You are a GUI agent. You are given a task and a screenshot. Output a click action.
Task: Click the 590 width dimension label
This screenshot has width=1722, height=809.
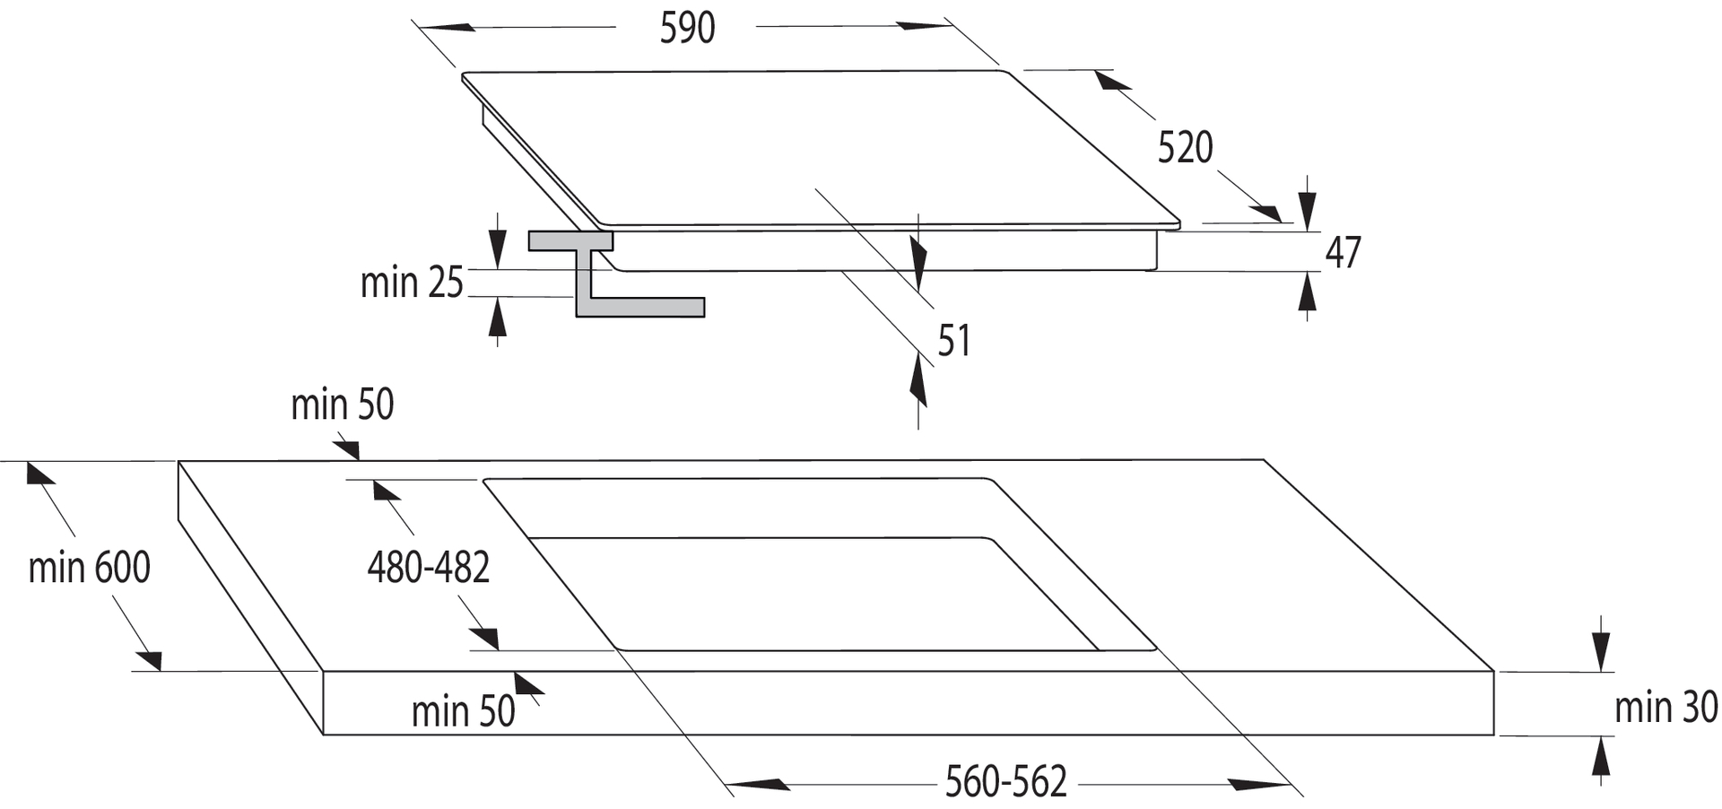point(687,29)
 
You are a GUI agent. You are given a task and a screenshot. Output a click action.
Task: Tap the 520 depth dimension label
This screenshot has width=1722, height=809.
point(1185,148)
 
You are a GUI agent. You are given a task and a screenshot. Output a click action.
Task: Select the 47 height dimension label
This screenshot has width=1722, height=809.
point(1343,253)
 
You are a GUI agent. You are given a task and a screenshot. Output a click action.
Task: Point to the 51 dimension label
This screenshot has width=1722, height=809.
point(953,341)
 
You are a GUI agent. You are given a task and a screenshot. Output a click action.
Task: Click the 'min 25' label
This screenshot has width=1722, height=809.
point(412,283)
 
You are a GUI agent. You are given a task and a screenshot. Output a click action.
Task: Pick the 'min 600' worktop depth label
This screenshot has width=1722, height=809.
point(89,568)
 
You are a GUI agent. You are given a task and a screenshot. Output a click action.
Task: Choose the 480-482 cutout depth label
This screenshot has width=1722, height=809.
point(428,568)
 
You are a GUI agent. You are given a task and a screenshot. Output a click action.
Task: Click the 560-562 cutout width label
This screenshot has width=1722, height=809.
point(1005,782)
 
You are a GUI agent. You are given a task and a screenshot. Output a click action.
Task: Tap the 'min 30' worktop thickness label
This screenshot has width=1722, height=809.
point(1665,708)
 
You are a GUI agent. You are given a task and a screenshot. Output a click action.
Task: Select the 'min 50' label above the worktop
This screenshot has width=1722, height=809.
point(342,404)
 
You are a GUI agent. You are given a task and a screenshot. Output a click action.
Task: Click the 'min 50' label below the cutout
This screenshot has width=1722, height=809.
point(463,711)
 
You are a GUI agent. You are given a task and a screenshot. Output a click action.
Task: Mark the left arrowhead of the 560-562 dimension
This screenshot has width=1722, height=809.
point(758,785)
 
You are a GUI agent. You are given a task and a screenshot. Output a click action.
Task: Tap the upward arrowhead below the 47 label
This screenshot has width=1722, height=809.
point(1308,291)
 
